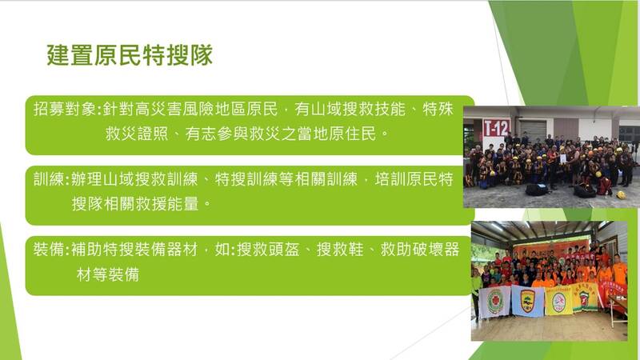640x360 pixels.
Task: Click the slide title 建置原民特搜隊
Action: [x=130, y=56]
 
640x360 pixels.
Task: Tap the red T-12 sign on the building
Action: [x=496, y=127]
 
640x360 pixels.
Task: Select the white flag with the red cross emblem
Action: [x=494, y=302]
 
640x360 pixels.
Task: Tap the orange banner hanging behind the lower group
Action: [x=552, y=247]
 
